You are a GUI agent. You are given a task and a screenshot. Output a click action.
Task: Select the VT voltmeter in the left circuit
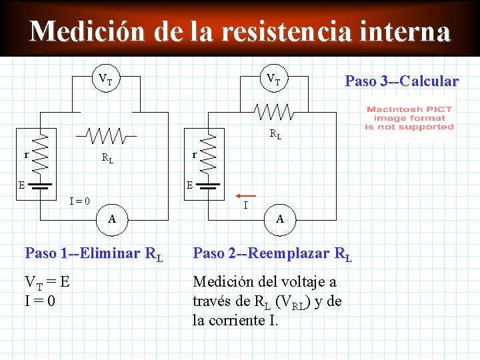[x=105, y=80]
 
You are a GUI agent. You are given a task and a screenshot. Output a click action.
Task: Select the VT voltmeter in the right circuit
[x=273, y=80]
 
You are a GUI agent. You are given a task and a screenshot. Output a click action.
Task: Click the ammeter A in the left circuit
[x=113, y=218]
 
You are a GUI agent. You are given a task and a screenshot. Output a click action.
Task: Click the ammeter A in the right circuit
[x=280, y=218]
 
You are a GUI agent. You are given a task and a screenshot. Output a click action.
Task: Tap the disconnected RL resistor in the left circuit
[x=107, y=135]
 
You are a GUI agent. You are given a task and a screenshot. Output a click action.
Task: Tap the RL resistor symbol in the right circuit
[x=275, y=111]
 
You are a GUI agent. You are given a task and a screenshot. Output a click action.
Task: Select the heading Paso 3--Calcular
[x=401, y=81]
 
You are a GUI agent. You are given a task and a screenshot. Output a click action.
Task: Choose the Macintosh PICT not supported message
[x=409, y=118]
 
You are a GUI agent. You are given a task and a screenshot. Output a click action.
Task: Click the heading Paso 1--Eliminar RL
[x=93, y=254]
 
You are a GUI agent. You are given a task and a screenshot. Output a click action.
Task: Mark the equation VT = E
[x=47, y=283]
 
